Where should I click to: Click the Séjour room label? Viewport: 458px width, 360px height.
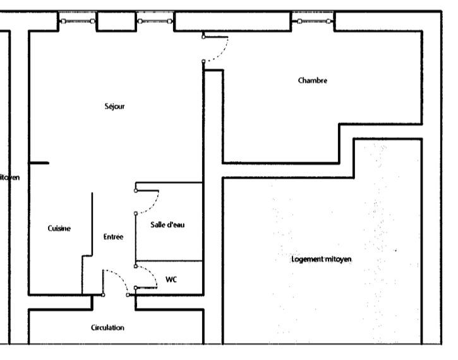point(114,106)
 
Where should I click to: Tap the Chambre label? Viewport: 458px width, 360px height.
point(313,81)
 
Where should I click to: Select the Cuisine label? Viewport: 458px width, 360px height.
point(59,229)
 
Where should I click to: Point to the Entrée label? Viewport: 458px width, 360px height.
point(113,237)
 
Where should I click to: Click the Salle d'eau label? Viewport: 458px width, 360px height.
point(167,225)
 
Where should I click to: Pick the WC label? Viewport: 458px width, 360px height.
point(171,279)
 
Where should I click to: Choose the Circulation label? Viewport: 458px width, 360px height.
point(107,327)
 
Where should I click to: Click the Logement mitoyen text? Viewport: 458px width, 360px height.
point(322,260)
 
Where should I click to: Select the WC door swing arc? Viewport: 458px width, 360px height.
point(152,274)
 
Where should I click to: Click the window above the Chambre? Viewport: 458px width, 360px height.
point(313,21)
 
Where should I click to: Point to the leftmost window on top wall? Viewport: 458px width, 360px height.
point(78,21)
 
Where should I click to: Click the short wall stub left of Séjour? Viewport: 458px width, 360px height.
point(39,163)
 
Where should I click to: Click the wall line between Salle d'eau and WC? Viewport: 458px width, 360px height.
point(169,261)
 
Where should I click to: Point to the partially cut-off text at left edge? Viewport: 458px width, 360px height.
point(9,177)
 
